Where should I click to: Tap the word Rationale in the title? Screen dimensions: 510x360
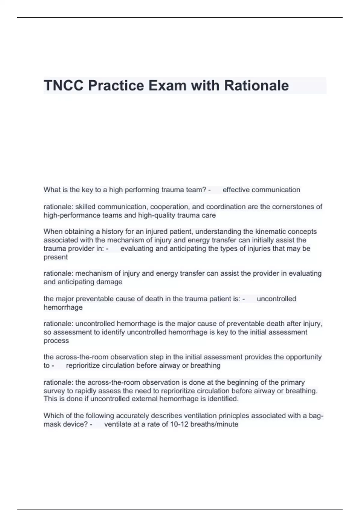click(x=256, y=85)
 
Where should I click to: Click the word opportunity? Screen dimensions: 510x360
click(x=303, y=357)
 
